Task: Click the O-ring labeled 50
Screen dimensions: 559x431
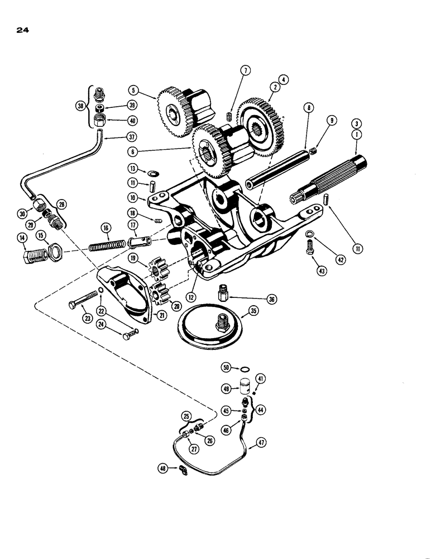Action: pyautogui.click(x=242, y=368)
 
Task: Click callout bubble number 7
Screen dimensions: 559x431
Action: pyautogui.click(x=246, y=70)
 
